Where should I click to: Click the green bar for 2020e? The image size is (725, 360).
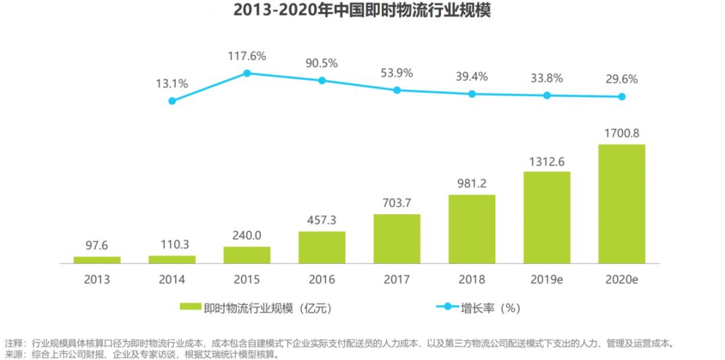622,204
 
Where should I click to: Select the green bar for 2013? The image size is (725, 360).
97,259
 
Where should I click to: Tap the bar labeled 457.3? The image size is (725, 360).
322,246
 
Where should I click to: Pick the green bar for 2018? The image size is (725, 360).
472,228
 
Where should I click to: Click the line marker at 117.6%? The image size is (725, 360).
247,73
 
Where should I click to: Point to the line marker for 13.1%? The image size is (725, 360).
172,101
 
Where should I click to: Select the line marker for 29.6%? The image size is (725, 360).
622,97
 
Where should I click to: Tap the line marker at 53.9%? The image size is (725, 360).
397,90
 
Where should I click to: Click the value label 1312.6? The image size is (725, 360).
546,161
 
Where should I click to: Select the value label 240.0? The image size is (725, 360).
247,236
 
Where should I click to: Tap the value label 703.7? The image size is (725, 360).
397,204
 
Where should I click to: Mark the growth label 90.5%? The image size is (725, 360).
322,63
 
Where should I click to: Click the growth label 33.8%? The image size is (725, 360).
546,78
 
